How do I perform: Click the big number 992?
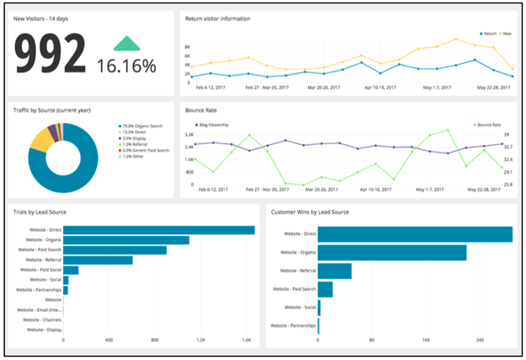49,55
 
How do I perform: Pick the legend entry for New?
503,35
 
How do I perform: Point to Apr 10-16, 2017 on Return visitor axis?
384,86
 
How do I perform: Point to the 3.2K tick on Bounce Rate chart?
189,134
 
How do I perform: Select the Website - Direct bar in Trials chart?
159,229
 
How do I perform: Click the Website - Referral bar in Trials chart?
99,260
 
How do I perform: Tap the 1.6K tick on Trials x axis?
247,341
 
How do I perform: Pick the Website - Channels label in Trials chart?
42,320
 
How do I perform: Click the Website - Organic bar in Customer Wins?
392,252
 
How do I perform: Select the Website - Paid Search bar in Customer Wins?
325,289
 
